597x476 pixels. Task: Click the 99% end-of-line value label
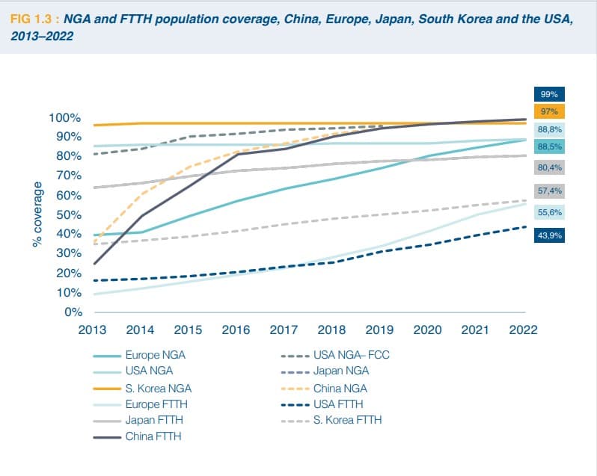(x=549, y=94)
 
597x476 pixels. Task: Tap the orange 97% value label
(x=549, y=112)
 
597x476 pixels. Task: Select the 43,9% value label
(x=549, y=236)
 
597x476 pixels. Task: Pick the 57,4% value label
(x=549, y=191)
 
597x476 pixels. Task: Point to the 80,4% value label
(x=549, y=167)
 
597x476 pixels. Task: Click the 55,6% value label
(x=549, y=213)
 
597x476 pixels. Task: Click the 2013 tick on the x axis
(x=93, y=330)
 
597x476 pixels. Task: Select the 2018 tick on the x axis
(x=331, y=330)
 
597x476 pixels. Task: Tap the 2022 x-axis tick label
(x=522, y=330)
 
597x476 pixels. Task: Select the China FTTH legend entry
(x=153, y=436)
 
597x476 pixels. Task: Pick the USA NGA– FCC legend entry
(x=351, y=356)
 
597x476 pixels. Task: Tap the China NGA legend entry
(x=340, y=388)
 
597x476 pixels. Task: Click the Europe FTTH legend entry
(x=156, y=404)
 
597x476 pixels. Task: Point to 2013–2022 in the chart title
(x=42, y=36)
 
